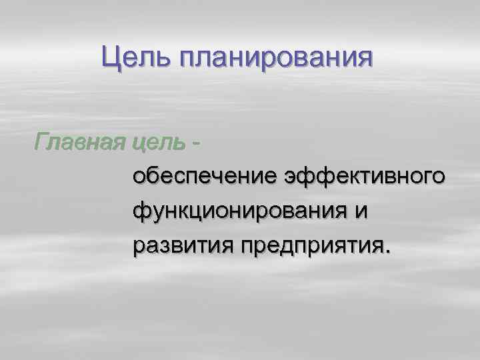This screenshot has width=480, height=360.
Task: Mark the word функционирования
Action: tap(241, 211)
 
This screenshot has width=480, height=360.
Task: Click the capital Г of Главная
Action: tap(42, 141)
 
